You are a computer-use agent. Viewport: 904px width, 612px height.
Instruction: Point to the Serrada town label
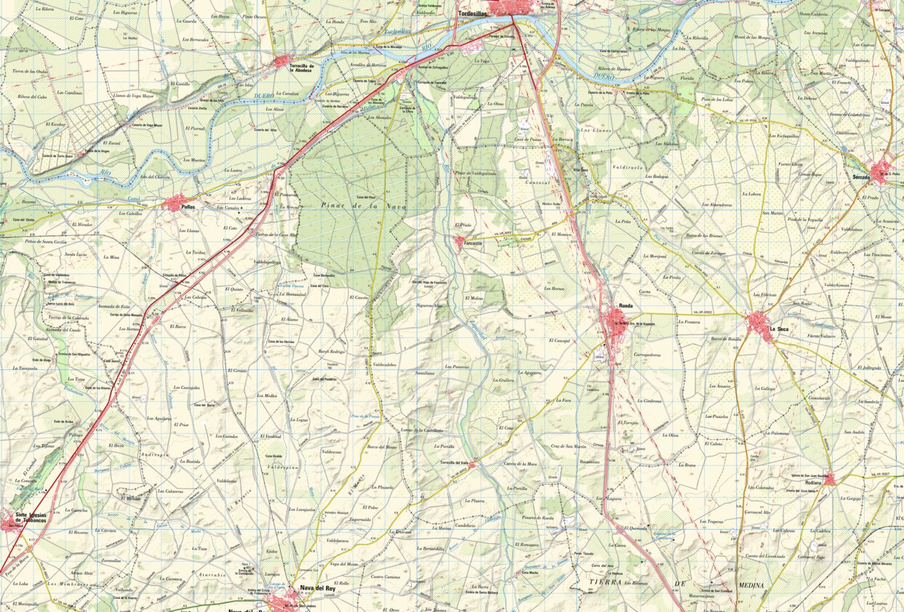click(864, 176)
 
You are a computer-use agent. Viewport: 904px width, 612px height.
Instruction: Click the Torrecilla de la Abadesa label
click(300, 68)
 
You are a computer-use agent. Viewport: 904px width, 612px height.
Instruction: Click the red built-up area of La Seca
click(759, 323)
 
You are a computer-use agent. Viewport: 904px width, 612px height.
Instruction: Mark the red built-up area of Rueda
click(617, 326)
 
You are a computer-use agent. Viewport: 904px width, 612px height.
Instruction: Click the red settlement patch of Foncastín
click(462, 243)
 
